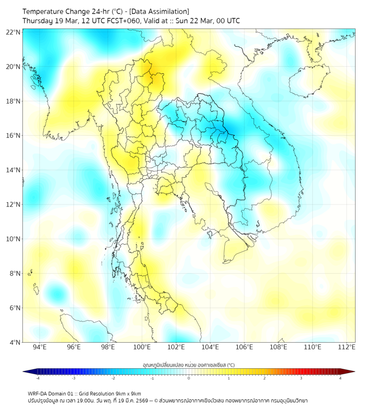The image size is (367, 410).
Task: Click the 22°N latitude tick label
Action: [x=14, y=32]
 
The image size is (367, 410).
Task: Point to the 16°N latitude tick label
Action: [x=14, y=136]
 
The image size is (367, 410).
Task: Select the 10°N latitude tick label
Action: [x=14, y=239]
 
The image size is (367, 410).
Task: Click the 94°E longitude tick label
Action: [x=40, y=347]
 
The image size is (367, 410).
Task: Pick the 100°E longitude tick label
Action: [x=142, y=347]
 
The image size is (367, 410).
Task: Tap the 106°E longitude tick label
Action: [x=244, y=347]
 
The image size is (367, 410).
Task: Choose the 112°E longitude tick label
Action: [x=346, y=347]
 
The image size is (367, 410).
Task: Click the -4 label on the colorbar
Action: [x=37, y=378]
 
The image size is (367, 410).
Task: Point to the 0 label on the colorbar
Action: [x=189, y=378]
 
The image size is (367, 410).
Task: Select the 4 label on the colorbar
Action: [x=340, y=378]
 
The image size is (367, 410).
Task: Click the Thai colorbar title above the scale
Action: [x=189, y=364]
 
